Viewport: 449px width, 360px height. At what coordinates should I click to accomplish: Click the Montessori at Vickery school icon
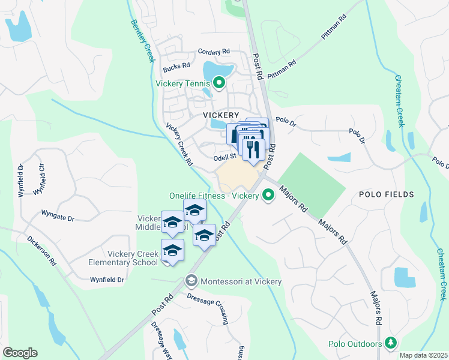(x=191, y=280)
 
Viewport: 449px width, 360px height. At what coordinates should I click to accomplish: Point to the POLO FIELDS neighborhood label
(x=387, y=194)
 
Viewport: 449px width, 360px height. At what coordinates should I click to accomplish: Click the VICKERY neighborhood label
(x=221, y=115)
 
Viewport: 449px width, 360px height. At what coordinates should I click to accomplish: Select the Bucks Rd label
(x=177, y=65)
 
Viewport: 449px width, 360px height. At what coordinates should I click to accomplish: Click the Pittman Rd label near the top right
(x=334, y=27)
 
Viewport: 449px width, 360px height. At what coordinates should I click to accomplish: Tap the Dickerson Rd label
(x=41, y=250)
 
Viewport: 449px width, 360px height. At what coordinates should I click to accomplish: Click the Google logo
(x=20, y=352)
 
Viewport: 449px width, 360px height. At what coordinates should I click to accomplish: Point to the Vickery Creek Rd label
(x=179, y=145)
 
